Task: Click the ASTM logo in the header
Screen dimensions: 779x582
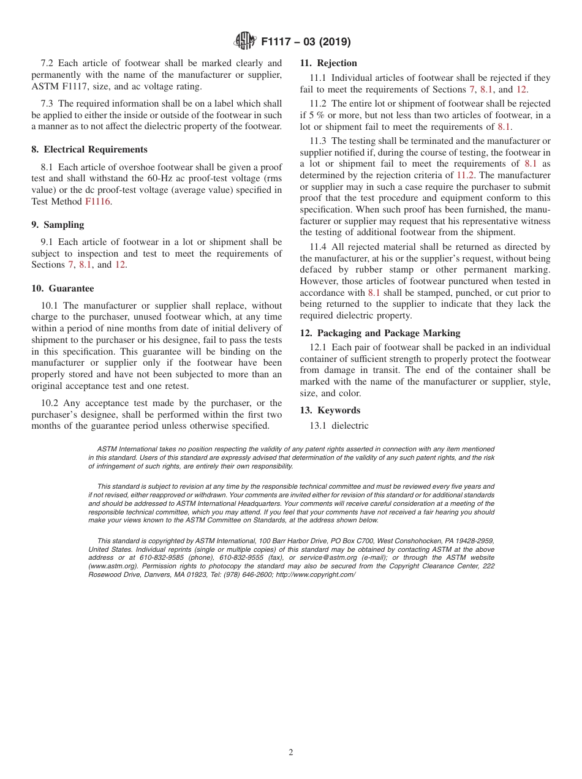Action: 245,42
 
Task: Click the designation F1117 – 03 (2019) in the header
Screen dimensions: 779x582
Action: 306,42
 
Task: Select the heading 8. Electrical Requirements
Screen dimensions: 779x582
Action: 89,149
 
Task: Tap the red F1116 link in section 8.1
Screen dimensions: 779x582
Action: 98,201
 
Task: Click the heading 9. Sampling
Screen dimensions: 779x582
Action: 58,225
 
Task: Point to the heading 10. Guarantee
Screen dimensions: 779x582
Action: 62,288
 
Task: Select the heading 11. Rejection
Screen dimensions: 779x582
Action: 328,63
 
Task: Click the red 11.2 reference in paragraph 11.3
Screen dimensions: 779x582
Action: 466,175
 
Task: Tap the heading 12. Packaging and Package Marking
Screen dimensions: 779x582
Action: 380,333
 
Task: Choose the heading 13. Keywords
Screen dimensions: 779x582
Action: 330,410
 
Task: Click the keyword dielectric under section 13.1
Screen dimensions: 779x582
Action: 350,426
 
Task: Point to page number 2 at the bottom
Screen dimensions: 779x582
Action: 291,753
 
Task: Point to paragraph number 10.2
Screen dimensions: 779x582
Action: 51,403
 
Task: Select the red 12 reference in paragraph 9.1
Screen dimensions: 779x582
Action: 120,265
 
